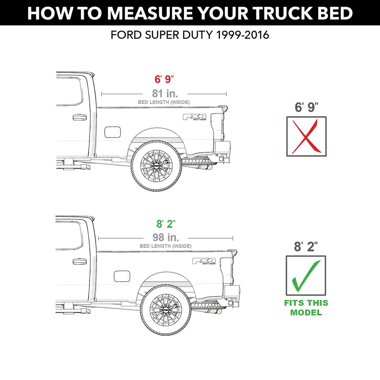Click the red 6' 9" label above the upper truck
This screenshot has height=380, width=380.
pyautogui.click(x=164, y=79)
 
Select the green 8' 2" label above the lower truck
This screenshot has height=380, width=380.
pyautogui.click(x=166, y=224)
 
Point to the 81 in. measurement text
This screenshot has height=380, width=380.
pyautogui.click(x=165, y=93)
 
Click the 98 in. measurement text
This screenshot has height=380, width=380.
pyautogui.click(x=166, y=237)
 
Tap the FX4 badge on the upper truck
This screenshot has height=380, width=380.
pyautogui.click(x=195, y=117)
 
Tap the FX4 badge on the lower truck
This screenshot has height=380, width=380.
pyautogui.click(x=204, y=261)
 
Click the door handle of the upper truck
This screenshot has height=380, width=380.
pyautogui.click(x=79, y=117)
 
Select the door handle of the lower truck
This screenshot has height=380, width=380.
pyautogui.click(x=79, y=261)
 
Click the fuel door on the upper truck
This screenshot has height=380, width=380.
pyautogui.click(x=112, y=132)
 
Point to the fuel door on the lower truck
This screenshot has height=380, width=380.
pyautogui.click(x=122, y=276)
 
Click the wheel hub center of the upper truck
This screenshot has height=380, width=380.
pyautogui.click(x=156, y=166)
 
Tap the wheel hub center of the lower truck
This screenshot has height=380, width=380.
pyautogui.click(x=166, y=310)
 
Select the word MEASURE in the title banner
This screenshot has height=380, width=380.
pyautogui.click(x=149, y=13)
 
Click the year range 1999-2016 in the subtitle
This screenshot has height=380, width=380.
pyautogui.click(x=243, y=35)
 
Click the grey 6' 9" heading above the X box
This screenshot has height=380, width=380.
pyautogui.click(x=307, y=107)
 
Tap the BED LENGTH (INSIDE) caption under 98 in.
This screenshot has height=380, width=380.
pyautogui.click(x=165, y=246)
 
